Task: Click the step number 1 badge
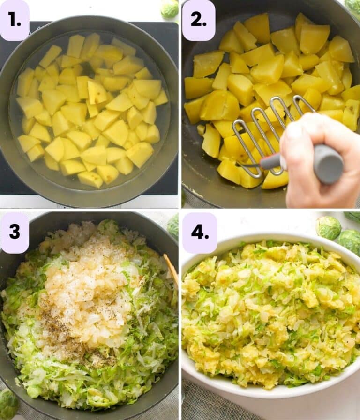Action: (x=14, y=20)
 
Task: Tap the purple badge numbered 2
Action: (x=198, y=20)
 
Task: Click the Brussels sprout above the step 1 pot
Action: (x=169, y=8)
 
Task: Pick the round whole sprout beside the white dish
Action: (x=328, y=227)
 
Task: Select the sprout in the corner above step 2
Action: (x=353, y=6)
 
